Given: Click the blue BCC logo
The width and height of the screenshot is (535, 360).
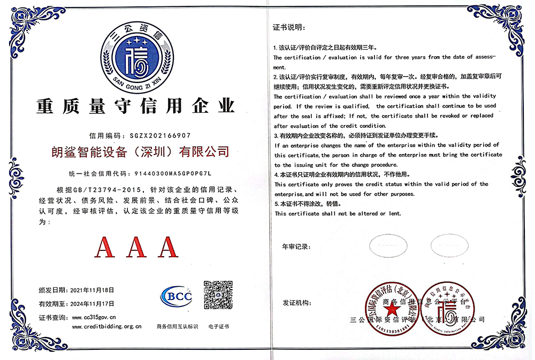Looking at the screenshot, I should coord(176,296).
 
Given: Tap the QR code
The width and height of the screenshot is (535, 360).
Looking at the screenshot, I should coord(218,295).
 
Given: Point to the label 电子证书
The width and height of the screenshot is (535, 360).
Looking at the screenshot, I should coord(218,326).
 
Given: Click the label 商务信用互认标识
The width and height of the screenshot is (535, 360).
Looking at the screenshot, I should coord(177,326).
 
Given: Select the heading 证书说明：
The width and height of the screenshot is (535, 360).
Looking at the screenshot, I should coord(288,27).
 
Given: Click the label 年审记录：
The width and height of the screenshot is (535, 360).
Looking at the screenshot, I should coord(296,247).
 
